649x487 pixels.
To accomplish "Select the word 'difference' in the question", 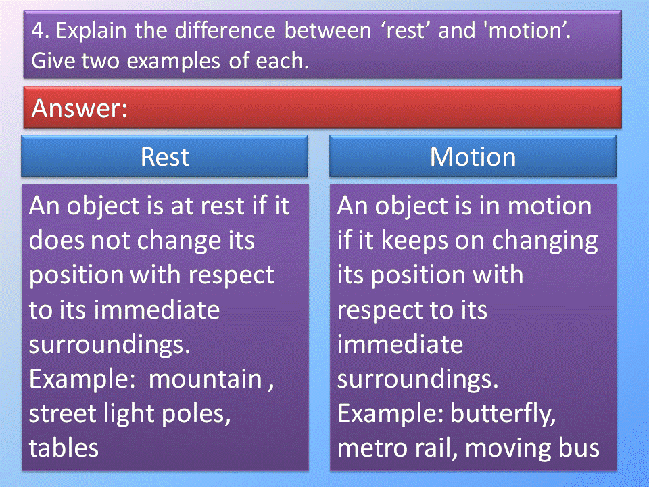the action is [224, 30].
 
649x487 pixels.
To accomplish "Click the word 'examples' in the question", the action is [173, 62].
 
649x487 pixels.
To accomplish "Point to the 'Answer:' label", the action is [80, 108].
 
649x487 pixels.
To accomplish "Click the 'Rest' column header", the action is [165, 157].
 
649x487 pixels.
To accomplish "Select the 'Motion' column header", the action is [473, 157].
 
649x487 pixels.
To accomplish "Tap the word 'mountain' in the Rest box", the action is [206, 379].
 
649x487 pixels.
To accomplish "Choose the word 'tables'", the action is [64, 448].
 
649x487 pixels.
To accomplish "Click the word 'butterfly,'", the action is [503, 414].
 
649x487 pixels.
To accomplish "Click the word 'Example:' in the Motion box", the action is [390, 415].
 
